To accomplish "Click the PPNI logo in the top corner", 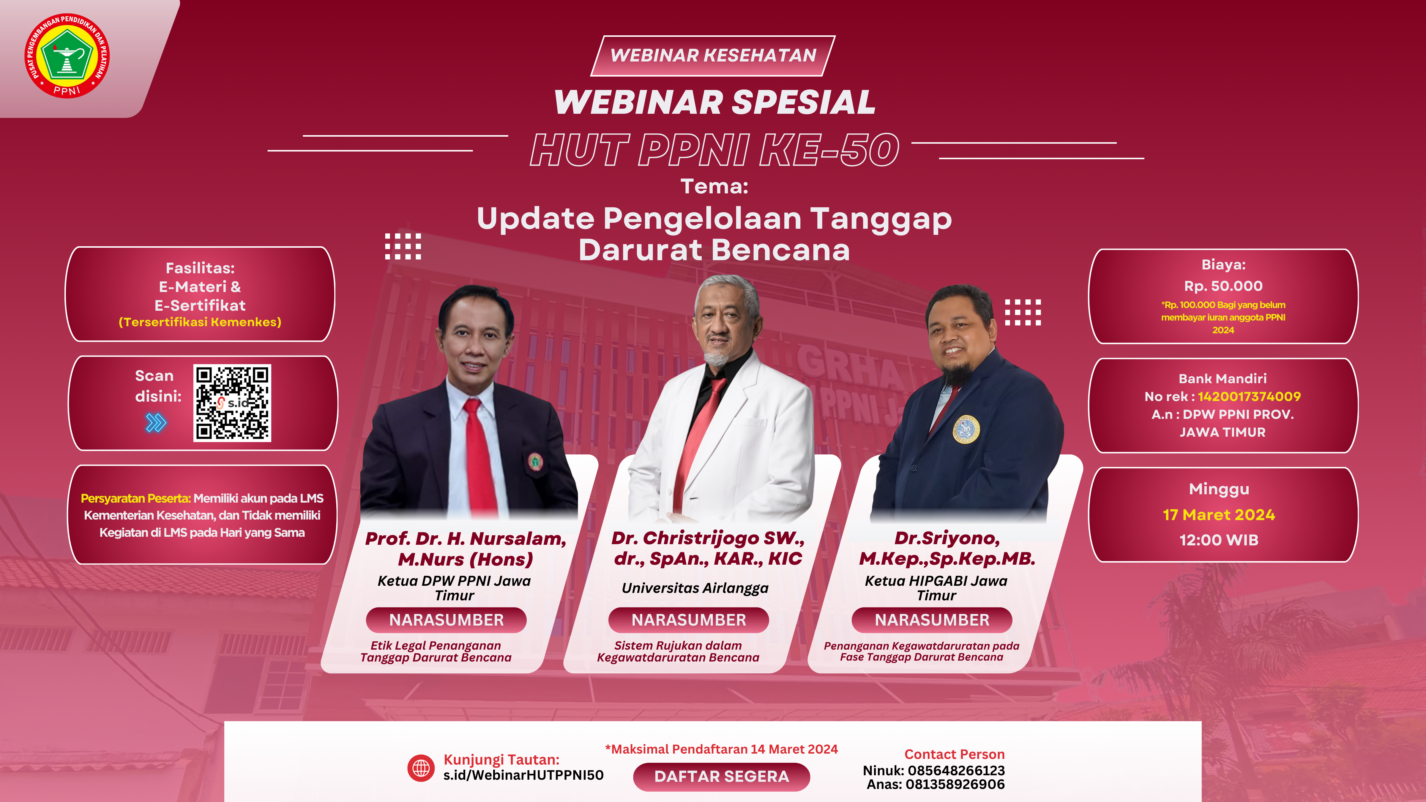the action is point(67,56).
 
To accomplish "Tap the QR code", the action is point(232,403).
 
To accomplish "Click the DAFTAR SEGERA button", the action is point(721,776).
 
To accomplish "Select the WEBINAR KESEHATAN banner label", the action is point(713,55).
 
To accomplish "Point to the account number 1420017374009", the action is point(1249,396).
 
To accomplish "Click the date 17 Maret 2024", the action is point(1219,515).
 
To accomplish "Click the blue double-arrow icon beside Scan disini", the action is point(156,423).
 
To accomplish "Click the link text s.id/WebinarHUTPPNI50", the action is point(523,775).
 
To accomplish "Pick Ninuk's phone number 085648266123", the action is point(956,771).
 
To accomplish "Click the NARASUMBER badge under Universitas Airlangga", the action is point(689,620).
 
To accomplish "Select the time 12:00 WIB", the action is point(1219,540).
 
